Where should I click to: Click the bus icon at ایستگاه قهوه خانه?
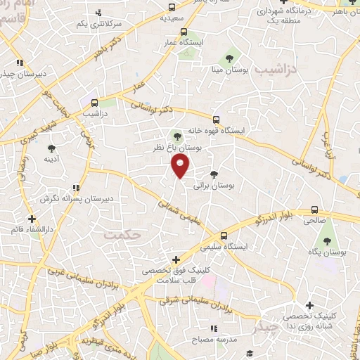(x=217, y=119)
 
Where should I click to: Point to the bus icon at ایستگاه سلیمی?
(x=224, y=236)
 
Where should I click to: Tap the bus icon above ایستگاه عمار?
(x=184, y=32)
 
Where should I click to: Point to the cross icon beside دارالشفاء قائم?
(x=32, y=219)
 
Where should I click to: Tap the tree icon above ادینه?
(x=51, y=148)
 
